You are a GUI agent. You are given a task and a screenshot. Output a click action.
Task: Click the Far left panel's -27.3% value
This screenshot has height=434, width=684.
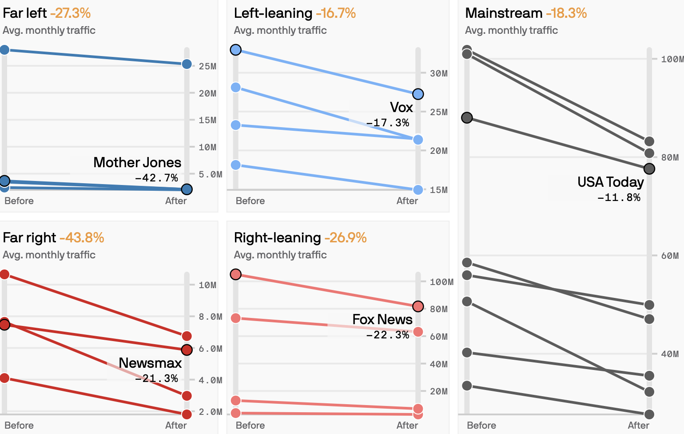click(x=70, y=13)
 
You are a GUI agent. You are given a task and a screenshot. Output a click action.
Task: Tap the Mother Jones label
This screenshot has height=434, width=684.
click(x=137, y=162)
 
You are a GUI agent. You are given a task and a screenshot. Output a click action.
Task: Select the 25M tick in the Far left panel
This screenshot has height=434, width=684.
click(x=207, y=66)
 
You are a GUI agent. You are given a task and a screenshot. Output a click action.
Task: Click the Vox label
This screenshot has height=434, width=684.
click(x=401, y=107)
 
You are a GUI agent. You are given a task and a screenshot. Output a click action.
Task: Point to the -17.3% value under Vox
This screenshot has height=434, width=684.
click(x=387, y=123)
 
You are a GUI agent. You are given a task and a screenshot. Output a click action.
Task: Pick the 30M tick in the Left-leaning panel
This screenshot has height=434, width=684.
click(x=438, y=73)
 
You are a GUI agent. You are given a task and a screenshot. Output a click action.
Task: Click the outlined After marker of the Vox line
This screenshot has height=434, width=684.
click(x=418, y=94)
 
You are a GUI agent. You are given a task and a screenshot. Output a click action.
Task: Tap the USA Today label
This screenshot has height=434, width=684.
click(x=610, y=182)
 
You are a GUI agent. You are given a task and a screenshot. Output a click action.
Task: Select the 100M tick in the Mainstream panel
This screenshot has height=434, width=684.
click(x=672, y=59)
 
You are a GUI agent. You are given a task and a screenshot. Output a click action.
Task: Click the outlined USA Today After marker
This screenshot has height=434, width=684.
click(x=649, y=169)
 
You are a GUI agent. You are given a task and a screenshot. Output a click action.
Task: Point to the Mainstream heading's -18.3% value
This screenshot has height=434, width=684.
click(x=566, y=13)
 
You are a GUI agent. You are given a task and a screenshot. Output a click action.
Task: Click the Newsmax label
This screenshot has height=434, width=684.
click(x=150, y=363)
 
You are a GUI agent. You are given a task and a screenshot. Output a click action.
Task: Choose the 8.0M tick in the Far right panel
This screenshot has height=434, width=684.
click(x=210, y=317)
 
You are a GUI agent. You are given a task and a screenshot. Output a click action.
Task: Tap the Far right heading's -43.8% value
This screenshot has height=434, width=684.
click(x=81, y=238)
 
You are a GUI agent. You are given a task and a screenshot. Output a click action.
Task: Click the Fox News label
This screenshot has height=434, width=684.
click(x=382, y=319)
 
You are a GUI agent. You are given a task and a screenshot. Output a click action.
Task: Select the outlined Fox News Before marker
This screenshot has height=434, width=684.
click(x=236, y=274)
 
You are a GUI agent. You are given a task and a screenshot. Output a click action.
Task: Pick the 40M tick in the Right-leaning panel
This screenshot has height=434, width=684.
click(x=438, y=364)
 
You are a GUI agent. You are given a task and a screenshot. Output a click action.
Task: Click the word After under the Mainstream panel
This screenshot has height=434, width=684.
click(x=638, y=425)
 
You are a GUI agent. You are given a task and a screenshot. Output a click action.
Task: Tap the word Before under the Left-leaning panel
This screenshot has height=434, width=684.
click(x=250, y=201)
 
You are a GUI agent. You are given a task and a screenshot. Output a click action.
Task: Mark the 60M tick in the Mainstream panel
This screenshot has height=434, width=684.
click(x=670, y=256)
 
